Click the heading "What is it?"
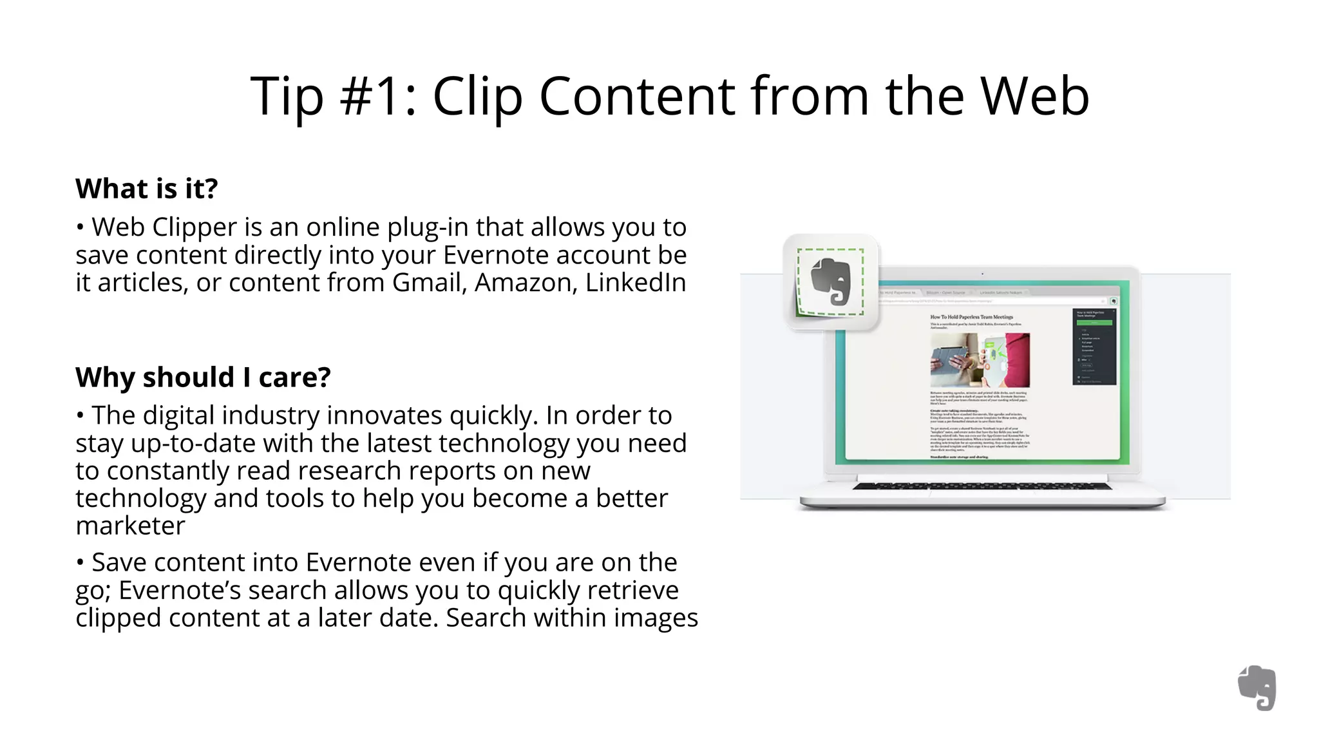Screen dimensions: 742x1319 pos(147,189)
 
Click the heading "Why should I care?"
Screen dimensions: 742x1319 pos(203,377)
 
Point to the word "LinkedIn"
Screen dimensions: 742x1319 pos(636,283)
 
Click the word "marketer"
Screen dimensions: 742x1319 pos(130,526)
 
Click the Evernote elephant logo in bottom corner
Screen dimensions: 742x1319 pos(1257,688)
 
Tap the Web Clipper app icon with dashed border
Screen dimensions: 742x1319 pos(830,282)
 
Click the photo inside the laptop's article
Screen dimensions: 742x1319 pos(980,359)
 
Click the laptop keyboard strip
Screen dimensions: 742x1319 pos(982,486)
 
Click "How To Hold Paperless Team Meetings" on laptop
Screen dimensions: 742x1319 pos(971,317)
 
